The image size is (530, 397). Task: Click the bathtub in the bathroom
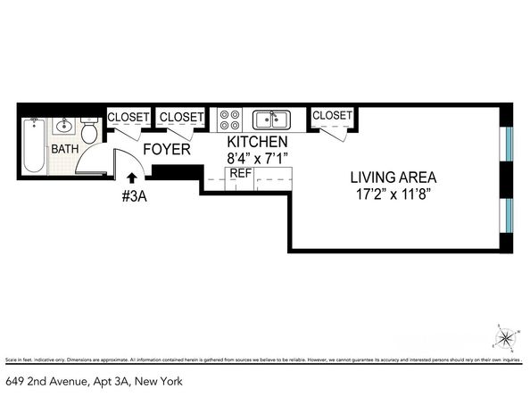34,146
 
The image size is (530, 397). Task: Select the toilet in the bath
88,122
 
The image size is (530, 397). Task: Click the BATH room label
63,149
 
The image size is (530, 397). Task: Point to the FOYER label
166,149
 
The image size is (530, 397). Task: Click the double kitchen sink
269,119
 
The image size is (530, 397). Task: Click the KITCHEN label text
257,142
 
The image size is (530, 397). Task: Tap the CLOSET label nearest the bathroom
128,117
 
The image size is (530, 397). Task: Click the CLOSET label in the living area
332,115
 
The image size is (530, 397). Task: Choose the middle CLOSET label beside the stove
181,117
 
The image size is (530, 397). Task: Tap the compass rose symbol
506,337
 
